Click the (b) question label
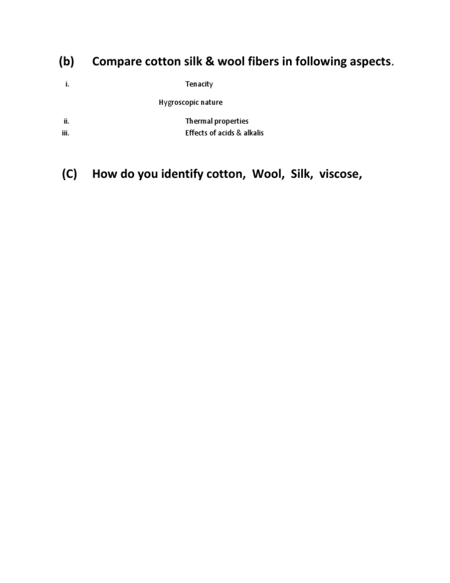point(66,62)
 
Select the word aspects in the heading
point(366,62)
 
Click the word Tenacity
point(199,84)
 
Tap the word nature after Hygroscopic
point(212,103)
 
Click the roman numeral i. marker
point(67,84)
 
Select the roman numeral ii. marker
point(67,121)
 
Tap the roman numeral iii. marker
point(66,133)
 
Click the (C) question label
point(69,175)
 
